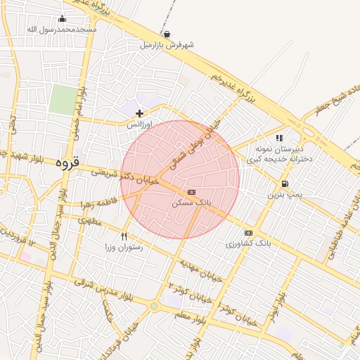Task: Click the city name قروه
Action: (69, 162)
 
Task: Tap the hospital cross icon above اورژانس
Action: (140, 112)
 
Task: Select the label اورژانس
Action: (139, 123)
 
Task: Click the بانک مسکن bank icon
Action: (191, 192)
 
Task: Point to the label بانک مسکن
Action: (191, 202)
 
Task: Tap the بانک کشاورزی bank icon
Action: (248, 233)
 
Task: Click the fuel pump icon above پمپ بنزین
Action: (283, 184)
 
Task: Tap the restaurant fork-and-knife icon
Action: (124, 236)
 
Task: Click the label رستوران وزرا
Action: (124, 247)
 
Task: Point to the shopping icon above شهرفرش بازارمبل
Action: (167, 34)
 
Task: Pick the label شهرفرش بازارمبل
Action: (167, 44)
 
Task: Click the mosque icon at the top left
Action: (62, 19)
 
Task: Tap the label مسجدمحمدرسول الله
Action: (62, 30)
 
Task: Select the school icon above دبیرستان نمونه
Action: (279, 139)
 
